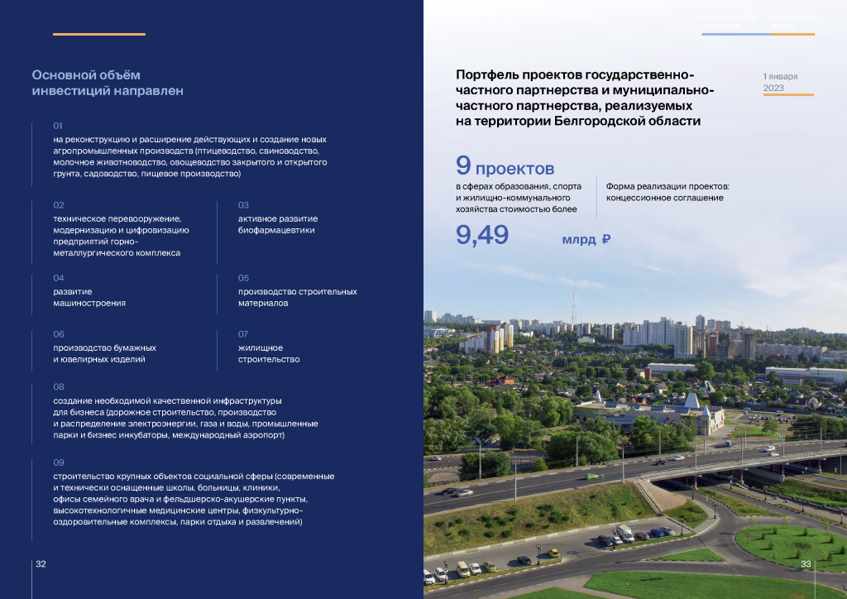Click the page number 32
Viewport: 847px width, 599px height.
click(41, 564)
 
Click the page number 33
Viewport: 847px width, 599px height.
click(806, 564)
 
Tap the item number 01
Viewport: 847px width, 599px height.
click(58, 126)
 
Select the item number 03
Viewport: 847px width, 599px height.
click(243, 204)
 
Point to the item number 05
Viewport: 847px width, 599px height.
click(243, 278)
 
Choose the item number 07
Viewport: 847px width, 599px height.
click(243, 333)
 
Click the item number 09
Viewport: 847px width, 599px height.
click(58, 462)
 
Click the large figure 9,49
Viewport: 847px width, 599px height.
click(482, 236)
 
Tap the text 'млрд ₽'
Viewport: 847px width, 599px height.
click(586, 240)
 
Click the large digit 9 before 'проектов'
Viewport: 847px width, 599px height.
click(463, 166)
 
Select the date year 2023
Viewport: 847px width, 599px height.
click(773, 88)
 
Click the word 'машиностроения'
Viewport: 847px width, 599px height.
click(89, 304)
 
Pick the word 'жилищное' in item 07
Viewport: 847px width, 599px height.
click(261, 347)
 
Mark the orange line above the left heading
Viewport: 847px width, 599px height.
click(99, 34)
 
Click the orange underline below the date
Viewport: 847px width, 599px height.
click(788, 95)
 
